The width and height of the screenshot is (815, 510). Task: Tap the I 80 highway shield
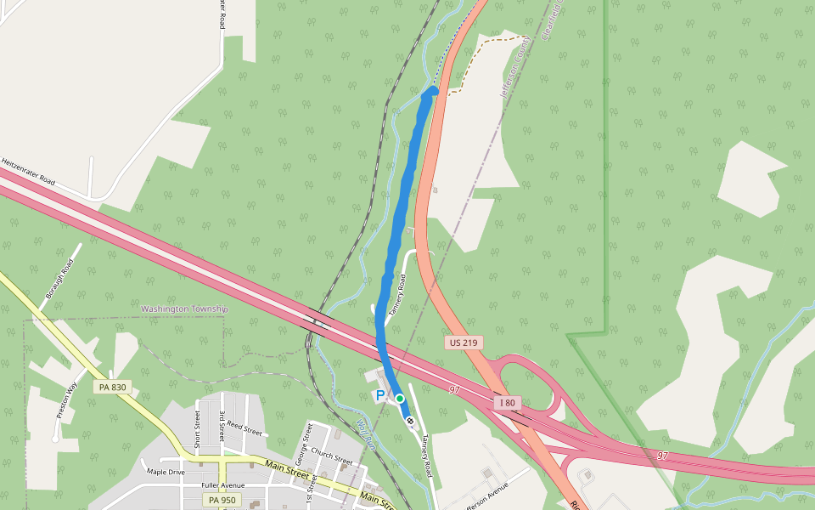click(507, 402)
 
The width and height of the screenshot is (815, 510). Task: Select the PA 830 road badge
click(112, 387)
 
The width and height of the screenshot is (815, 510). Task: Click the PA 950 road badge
click(222, 500)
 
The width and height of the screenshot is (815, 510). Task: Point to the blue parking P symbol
click(379, 396)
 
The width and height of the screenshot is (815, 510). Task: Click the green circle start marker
click(399, 398)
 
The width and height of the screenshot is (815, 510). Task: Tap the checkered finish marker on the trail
click(410, 420)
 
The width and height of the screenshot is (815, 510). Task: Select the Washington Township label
click(184, 309)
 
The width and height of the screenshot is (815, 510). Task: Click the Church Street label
click(331, 456)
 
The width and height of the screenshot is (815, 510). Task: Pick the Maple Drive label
click(165, 472)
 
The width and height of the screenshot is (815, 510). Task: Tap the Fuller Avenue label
click(222, 485)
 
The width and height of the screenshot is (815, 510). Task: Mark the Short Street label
click(197, 428)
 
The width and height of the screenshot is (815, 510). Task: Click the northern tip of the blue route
click(434, 88)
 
